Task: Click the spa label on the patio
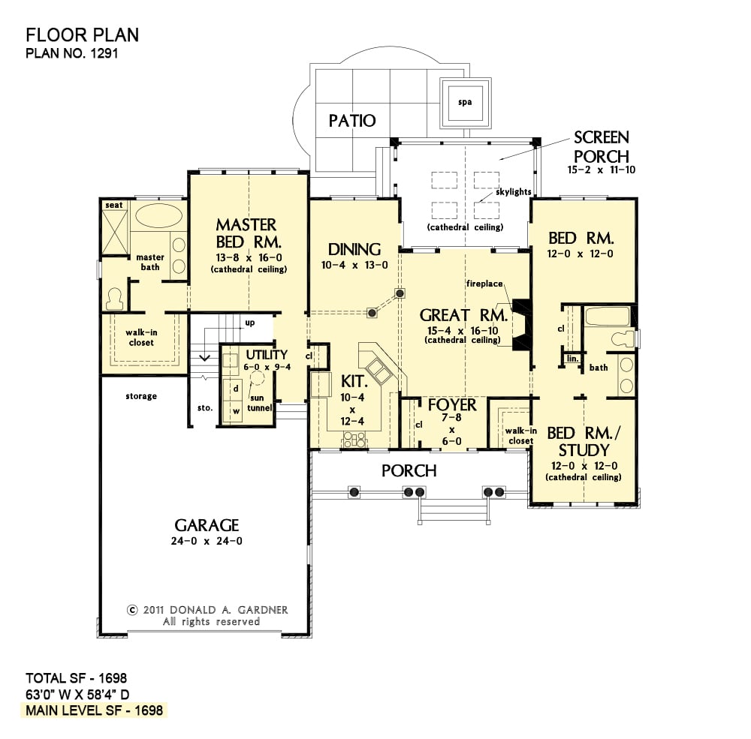pyautogui.click(x=465, y=102)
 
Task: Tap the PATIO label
pyautogui.click(x=352, y=121)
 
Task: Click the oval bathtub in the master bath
pyautogui.click(x=159, y=216)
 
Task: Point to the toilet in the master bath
pyautogui.click(x=115, y=299)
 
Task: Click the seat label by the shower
pyautogui.click(x=114, y=206)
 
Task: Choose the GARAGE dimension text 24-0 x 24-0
pyautogui.click(x=207, y=542)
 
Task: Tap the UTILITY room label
pyautogui.click(x=267, y=355)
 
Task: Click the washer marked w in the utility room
pyautogui.click(x=236, y=411)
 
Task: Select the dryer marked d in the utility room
pyautogui.click(x=236, y=389)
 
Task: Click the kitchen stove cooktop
pyautogui.click(x=354, y=439)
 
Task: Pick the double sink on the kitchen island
pyautogui.click(x=379, y=371)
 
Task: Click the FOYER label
pyautogui.click(x=452, y=405)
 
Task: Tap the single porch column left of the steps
pyautogui.click(x=354, y=491)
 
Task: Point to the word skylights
pyautogui.click(x=514, y=192)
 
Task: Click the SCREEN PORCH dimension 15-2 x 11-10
pyautogui.click(x=602, y=170)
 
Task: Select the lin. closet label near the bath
pyautogui.click(x=573, y=359)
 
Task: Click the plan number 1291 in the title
pyautogui.click(x=104, y=53)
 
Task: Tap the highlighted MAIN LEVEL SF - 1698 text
pyautogui.click(x=95, y=710)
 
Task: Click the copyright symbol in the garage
pyautogui.click(x=132, y=610)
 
